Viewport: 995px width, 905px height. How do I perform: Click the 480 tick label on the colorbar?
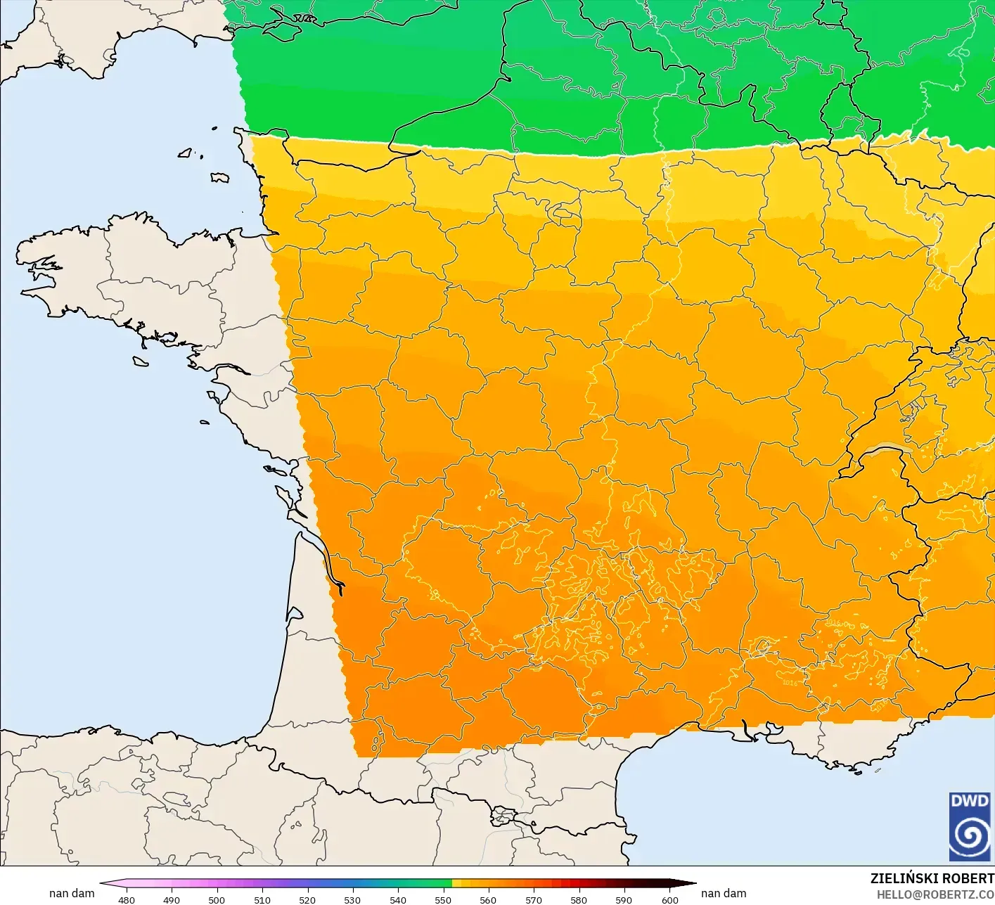coord(127,899)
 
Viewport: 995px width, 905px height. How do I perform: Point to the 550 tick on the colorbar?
coord(443,899)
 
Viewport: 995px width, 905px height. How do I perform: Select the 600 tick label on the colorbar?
coord(669,899)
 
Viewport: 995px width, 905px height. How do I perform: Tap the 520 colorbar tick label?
coord(307,899)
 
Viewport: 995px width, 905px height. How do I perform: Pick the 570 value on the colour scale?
coord(534,899)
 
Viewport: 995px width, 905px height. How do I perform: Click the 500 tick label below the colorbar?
coord(217,899)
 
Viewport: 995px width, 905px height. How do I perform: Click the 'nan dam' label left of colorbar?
coord(72,893)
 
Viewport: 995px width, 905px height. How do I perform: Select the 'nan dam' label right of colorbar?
coord(724,893)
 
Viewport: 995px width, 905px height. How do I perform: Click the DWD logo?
coord(970,826)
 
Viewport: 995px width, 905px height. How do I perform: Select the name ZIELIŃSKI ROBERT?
coord(932,878)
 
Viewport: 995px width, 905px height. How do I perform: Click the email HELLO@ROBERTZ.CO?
coord(935,894)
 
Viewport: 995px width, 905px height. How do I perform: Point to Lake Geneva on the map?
coord(887,450)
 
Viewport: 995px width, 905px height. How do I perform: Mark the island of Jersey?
coord(219,178)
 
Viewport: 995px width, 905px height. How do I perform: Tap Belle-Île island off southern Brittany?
coord(141,361)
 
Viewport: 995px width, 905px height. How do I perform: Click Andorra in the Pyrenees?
coord(503,816)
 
